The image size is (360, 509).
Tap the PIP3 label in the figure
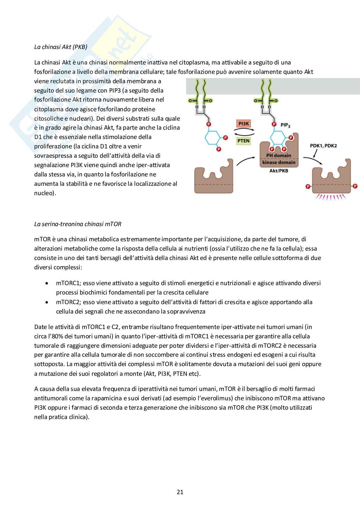click(285, 125)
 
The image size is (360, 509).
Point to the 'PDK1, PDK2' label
click(323, 145)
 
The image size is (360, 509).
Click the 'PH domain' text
click(278, 155)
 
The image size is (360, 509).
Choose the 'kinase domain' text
click(278, 163)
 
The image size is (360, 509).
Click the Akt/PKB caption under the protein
click(278, 170)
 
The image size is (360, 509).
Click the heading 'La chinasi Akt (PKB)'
click(61, 47)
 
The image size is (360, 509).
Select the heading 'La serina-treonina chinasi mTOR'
click(78, 224)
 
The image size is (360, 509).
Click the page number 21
click(180, 492)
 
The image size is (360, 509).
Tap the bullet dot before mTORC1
click(47, 283)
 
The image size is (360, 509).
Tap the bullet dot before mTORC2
click(47, 302)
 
